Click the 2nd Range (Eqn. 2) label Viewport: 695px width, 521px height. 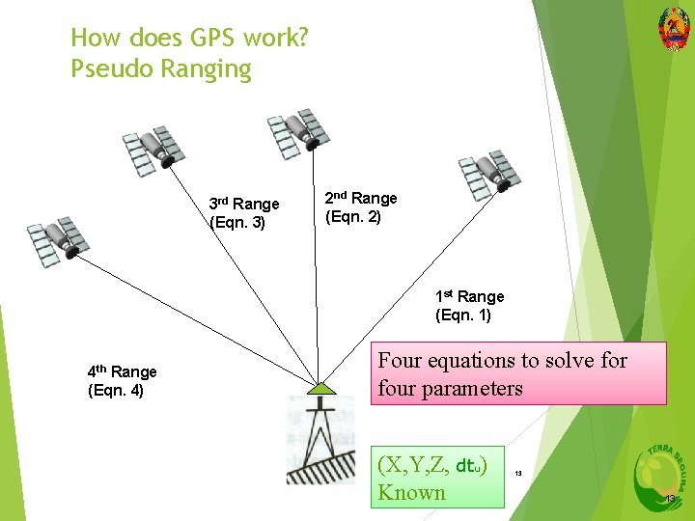tap(360, 207)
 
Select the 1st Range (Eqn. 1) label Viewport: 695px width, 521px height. tap(469, 306)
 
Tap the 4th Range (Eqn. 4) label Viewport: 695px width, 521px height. tap(122, 381)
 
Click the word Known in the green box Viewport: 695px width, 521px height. tap(411, 492)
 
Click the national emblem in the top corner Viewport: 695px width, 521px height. tap(673, 27)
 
